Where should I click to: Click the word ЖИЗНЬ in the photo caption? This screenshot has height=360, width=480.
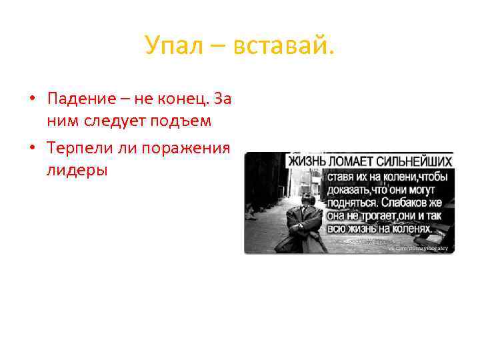pyautogui.click(x=307, y=162)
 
